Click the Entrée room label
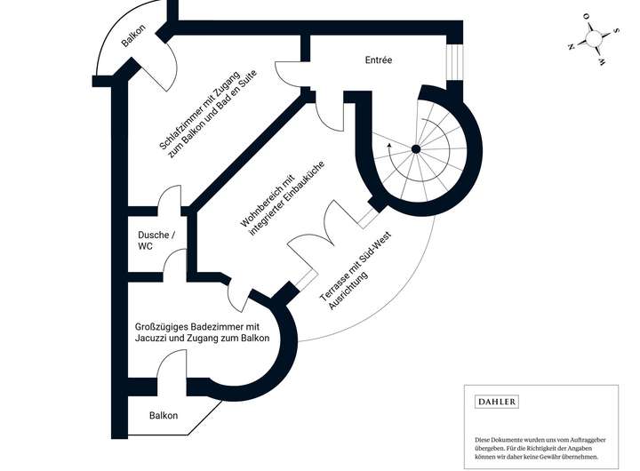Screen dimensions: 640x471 pos(379,60)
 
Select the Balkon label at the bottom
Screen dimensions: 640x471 pos(164,415)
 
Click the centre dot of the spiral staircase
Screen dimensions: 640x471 pos(414,150)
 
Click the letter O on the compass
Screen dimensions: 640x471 pos(586,17)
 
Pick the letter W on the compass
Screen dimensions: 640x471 pos(601,63)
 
